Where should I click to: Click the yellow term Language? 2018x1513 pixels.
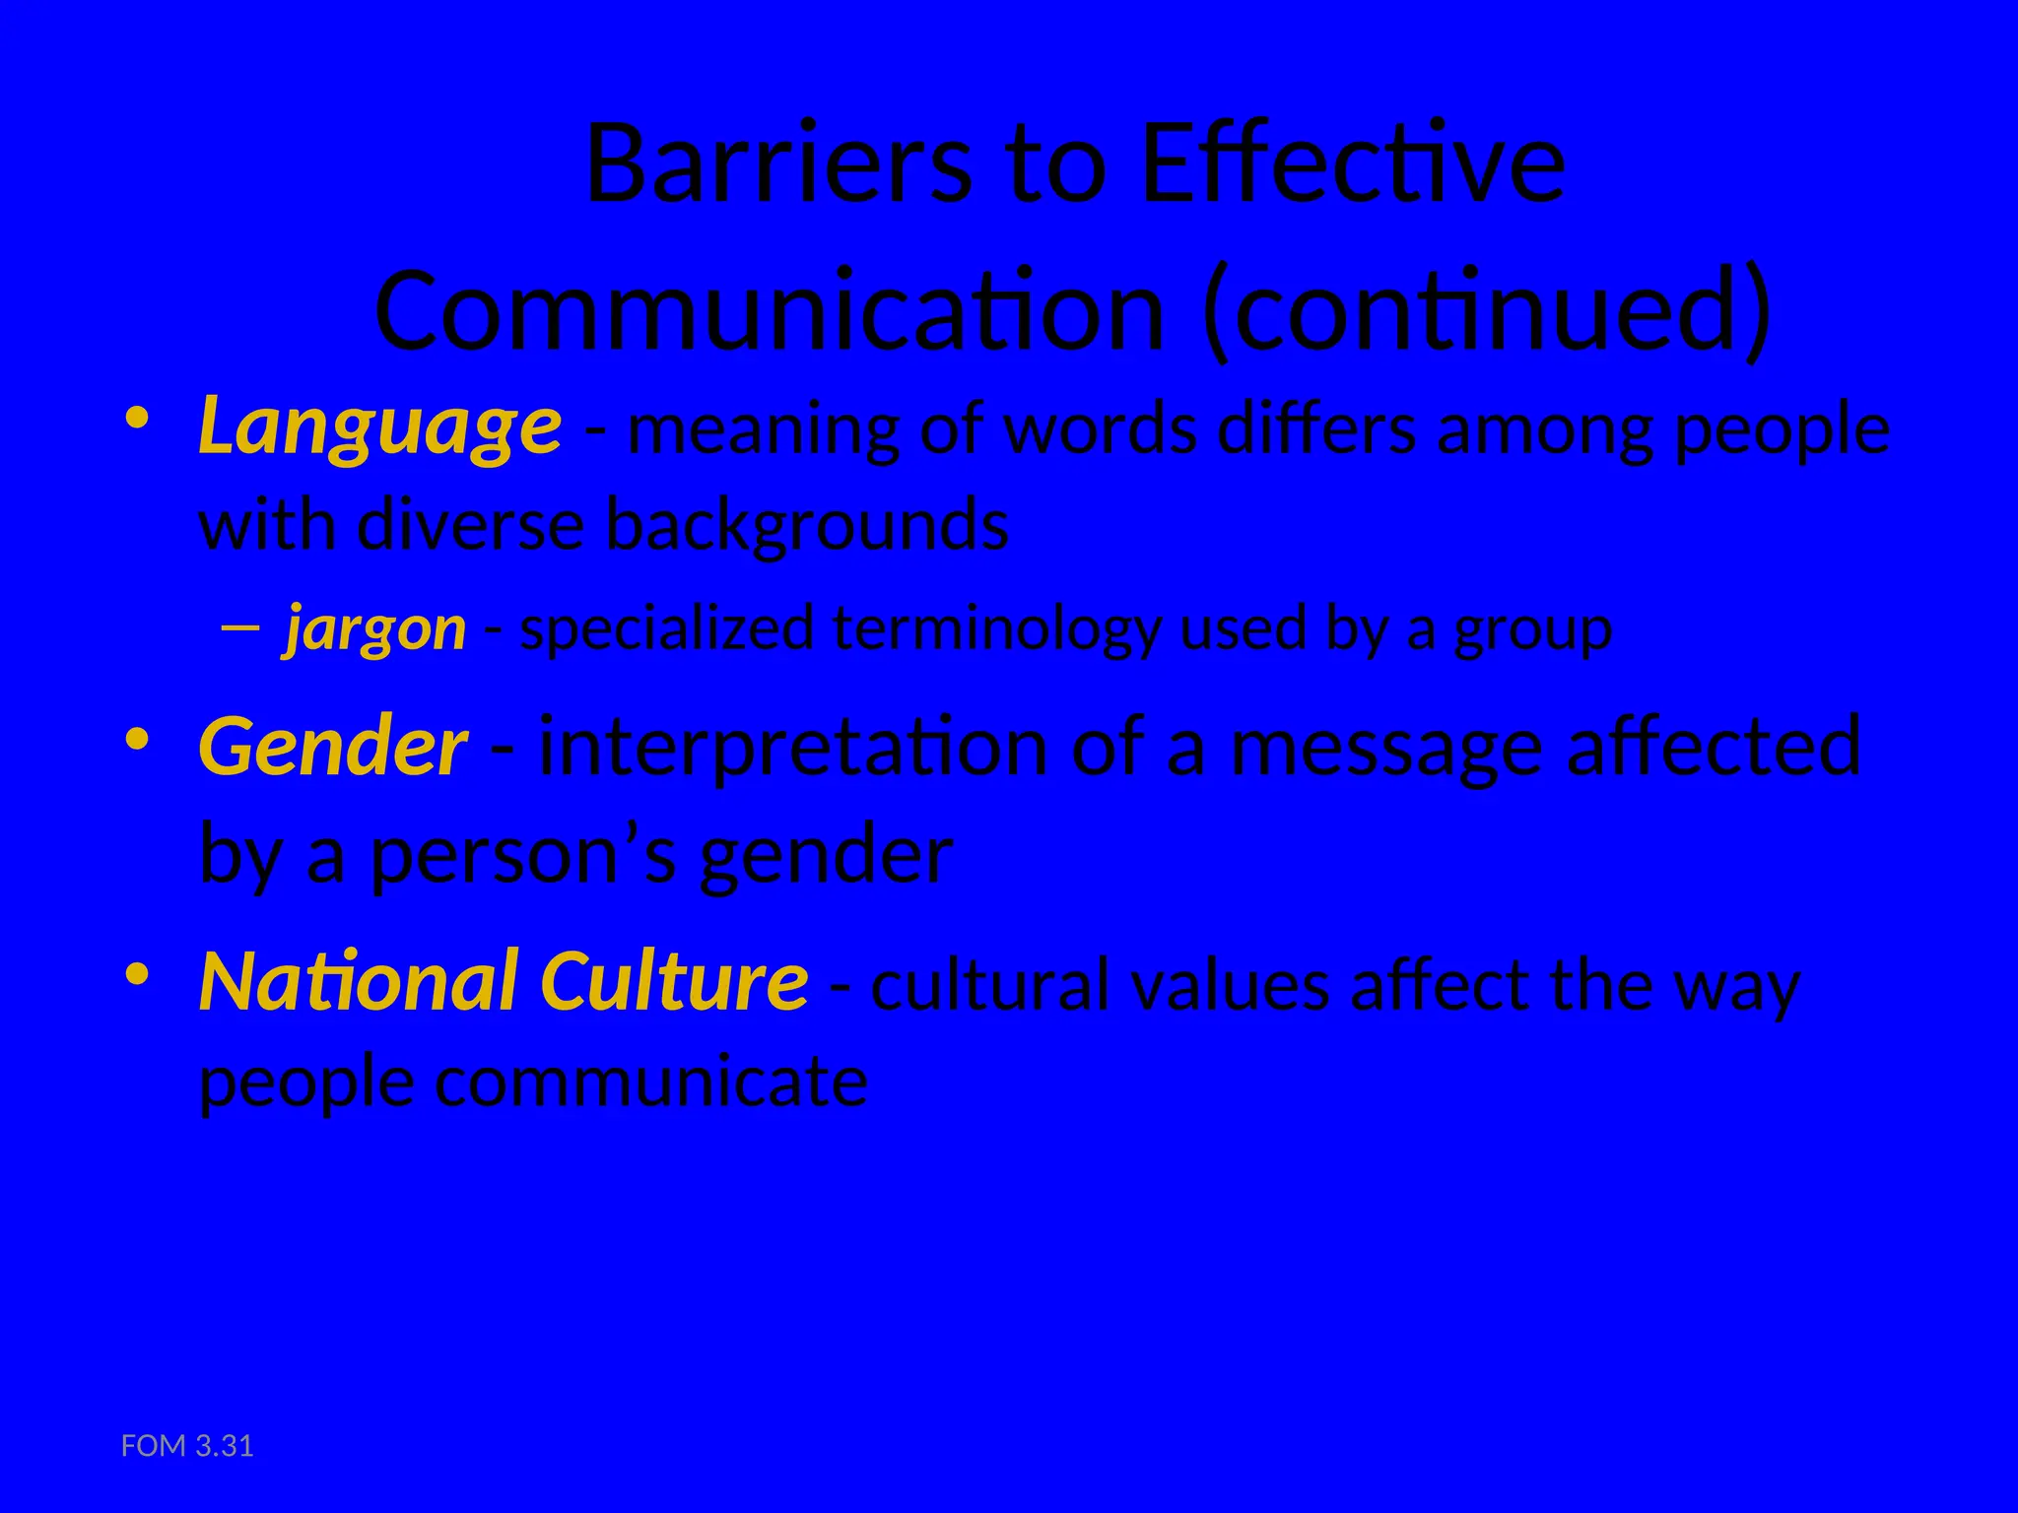(x=379, y=428)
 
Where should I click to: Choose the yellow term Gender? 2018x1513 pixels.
(x=332, y=747)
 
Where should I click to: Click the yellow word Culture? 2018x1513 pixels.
(x=674, y=982)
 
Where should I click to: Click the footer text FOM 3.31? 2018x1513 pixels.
(x=187, y=1446)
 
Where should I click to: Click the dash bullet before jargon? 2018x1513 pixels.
(x=240, y=627)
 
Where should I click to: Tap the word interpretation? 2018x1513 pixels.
(x=793, y=747)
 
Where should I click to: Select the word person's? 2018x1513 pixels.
(x=523, y=854)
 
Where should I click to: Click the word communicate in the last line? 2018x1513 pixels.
(x=651, y=1083)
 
